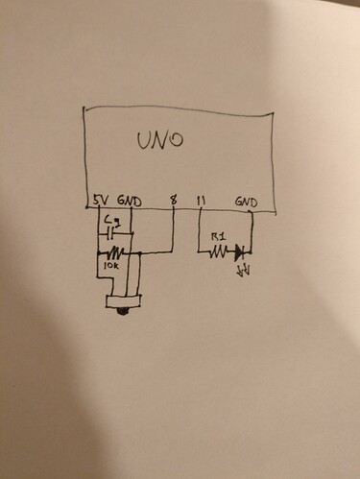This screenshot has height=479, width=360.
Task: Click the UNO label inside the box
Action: (x=158, y=143)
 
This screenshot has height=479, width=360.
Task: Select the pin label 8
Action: (x=172, y=201)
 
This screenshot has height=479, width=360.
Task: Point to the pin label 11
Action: (x=202, y=201)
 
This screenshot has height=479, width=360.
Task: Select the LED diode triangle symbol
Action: (x=240, y=252)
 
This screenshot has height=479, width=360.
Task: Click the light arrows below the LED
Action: (x=242, y=270)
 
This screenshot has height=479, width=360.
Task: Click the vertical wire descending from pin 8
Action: (x=173, y=230)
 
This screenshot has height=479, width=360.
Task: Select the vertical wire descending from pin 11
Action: (x=198, y=230)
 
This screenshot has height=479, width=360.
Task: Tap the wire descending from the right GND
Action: (x=252, y=230)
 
